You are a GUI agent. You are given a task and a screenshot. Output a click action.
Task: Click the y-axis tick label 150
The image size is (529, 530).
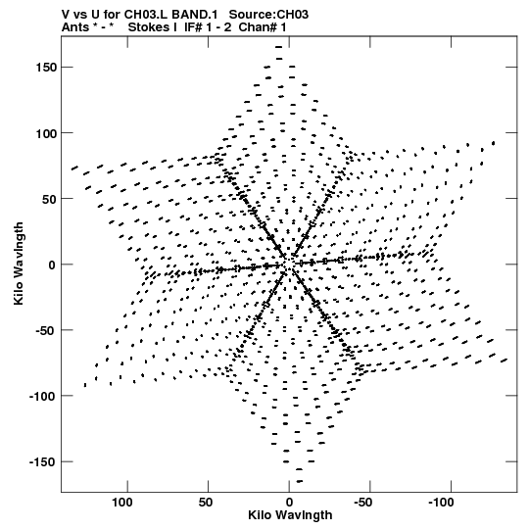[x=47, y=68]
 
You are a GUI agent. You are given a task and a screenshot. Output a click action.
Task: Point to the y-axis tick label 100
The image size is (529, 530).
[x=47, y=133]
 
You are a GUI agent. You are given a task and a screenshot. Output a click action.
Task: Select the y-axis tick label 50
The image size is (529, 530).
[x=50, y=199]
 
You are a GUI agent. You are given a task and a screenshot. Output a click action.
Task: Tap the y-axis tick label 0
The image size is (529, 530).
[x=52, y=265]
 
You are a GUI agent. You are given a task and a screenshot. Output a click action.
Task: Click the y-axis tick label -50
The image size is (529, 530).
[x=47, y=330]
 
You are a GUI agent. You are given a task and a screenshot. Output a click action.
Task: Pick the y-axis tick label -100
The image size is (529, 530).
[x=43, y=396]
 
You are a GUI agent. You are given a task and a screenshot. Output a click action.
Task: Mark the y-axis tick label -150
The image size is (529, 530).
[x=43, y=461]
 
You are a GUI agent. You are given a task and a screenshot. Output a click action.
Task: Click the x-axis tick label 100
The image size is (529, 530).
[x=122, y=503]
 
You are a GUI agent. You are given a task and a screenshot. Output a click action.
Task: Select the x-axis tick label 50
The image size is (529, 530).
[x=206, y=503]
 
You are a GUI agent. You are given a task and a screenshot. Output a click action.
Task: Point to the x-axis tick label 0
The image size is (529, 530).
[x=289, y=503]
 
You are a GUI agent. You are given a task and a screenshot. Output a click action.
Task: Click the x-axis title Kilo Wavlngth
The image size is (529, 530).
[x=290, y=514]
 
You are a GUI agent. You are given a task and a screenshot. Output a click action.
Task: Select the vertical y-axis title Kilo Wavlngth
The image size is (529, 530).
[x=19, y=264]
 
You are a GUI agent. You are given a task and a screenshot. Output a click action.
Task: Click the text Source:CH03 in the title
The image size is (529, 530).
[x=268, y=15]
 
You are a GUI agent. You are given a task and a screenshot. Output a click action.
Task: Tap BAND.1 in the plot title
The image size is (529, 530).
[x=195, y=15]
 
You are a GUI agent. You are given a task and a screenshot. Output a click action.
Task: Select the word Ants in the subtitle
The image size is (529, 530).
[x=74, y=27]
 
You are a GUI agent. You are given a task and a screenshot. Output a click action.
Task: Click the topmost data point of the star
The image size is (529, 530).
[x=279, y=47]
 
